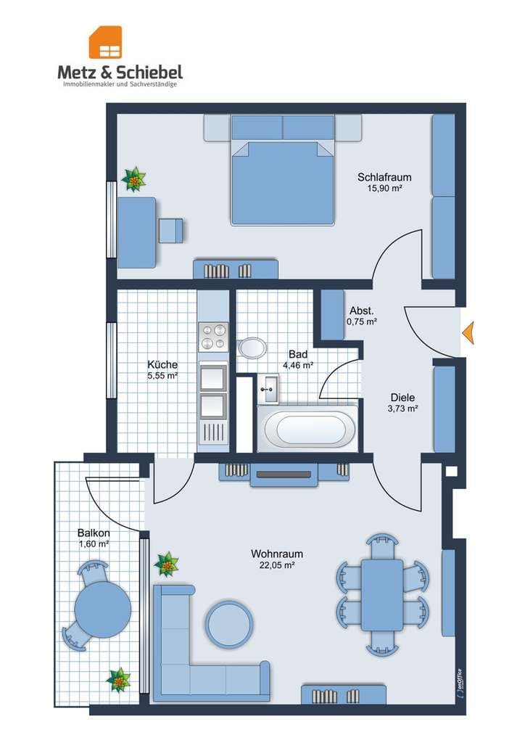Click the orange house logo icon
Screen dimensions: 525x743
[x=105, y=42]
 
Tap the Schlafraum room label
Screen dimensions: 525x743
[x=384, y=177]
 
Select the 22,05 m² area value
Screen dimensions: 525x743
[x=278, y=565]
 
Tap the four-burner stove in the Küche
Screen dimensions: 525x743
[x=213, y=337]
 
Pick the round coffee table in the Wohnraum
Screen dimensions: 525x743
[x=228, y=624]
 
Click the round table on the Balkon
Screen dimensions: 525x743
[x=103, y=609]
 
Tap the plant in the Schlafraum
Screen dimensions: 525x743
[x=133, y=179]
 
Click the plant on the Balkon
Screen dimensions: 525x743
[x=118, y=680]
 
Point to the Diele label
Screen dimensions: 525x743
[x=402, y=398]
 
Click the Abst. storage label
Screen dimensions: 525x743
[x=362, y=311]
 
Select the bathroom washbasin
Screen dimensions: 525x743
[x=269, y=389]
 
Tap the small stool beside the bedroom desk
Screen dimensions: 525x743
[x=170, y=231]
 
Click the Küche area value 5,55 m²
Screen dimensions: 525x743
[x=162, y=376]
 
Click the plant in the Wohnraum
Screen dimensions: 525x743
[x=166, y=564]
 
